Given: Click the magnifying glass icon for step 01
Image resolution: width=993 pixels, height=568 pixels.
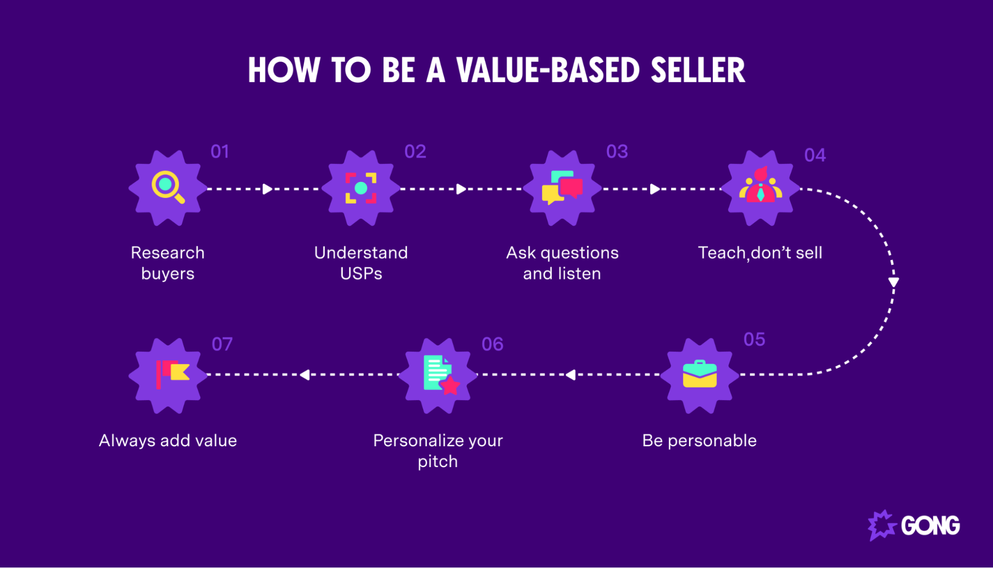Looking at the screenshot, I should [x=167, y=187].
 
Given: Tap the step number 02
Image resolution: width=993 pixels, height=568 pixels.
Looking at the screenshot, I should [x=415, y=152].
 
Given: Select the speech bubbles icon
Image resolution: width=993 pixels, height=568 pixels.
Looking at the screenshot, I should [x=562, y=187].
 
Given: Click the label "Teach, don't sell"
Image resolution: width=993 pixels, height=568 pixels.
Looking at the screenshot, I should [x=760, y=253].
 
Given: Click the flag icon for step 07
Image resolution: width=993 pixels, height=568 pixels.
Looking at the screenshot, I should [x=171, y=374].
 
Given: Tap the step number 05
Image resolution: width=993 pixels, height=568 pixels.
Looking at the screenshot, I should [x=754, y=339].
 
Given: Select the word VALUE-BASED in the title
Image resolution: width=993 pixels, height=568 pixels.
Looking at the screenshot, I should [x=548, y=70].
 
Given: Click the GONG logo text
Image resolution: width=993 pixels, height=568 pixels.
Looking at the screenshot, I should [x=930, y=526].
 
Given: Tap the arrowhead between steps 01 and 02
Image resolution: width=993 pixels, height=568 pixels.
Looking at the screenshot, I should [x=268, y=189].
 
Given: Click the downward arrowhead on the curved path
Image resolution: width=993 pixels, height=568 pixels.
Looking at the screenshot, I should [x=893, y=282].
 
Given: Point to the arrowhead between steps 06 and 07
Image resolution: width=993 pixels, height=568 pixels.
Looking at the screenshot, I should [x=305, y=375].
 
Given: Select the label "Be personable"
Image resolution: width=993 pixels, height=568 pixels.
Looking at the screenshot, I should [x=699, y=441].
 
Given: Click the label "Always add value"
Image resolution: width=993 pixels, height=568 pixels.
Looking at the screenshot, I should [x=168, y=441].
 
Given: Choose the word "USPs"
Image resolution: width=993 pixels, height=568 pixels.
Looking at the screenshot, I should [x=361, y=274].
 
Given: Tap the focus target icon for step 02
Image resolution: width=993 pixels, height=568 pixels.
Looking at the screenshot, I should [x=361, y=188].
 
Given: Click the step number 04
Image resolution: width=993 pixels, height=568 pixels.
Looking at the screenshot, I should [x=815, y=156].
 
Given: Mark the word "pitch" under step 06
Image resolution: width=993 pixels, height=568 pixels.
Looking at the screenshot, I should [x=438, y=462].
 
